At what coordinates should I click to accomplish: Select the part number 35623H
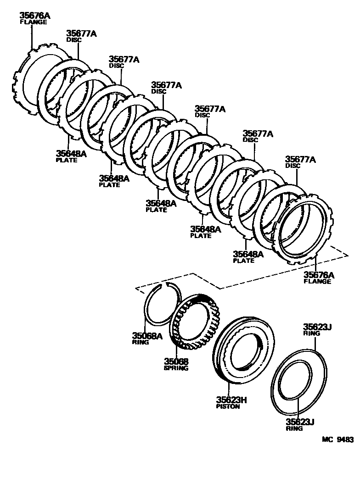tap(231, 400)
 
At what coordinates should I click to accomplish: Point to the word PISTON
tap(228, 406)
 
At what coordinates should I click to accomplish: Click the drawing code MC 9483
tap(337, 439)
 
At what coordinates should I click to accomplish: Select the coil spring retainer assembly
tap(196, 321)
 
